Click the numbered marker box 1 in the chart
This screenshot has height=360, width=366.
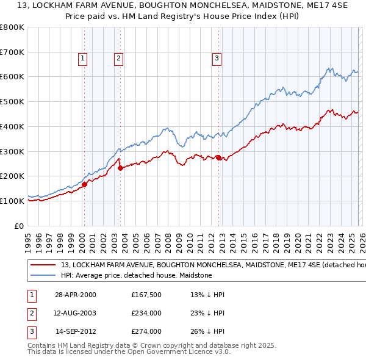82,59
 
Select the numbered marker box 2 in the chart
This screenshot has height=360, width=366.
118,59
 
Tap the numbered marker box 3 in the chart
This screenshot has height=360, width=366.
217,59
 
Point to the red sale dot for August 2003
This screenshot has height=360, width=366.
120,168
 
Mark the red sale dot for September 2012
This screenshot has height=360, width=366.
218,157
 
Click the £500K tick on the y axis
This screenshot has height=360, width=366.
12,101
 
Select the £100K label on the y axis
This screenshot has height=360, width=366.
12,201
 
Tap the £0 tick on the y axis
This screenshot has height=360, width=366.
18,226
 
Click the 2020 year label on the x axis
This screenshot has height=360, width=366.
297,239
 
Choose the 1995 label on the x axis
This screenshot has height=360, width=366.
28,239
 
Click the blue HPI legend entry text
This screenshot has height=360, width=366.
136,275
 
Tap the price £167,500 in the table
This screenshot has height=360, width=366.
146,295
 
